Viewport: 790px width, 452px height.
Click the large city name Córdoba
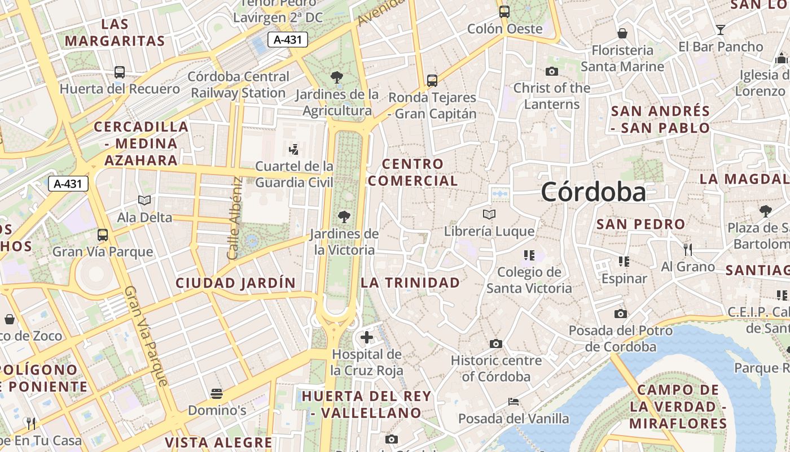point(593,192)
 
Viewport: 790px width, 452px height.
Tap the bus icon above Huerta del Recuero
point(120,72)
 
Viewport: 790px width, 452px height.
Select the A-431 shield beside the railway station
point(287,40)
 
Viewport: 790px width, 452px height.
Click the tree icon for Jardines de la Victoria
point(344,216)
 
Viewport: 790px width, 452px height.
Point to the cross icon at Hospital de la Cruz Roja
point(367,338)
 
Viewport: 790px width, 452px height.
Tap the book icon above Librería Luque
point(489,215)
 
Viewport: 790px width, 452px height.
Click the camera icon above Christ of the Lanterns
point(552,71)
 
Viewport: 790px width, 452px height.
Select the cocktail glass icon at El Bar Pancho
point(721,30)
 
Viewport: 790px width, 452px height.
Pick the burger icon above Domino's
point(217,393)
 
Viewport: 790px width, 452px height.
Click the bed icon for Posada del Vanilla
point(513,402)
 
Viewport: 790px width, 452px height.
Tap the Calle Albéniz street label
point(235,218)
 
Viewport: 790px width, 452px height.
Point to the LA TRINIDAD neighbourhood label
point(410,282)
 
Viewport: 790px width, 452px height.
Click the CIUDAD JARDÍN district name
point(235,283)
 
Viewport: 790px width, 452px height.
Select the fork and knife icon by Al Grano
point(687,249)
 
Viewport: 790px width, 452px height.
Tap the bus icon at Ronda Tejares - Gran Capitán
point(432,81)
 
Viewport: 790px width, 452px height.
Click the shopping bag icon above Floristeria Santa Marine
point(622,33)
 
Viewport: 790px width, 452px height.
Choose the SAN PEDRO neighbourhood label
point(640,224)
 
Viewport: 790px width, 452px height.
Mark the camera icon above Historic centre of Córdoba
point(496,344)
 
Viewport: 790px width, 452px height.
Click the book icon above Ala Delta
point(144,201)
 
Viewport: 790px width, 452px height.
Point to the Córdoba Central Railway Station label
point(238,85)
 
